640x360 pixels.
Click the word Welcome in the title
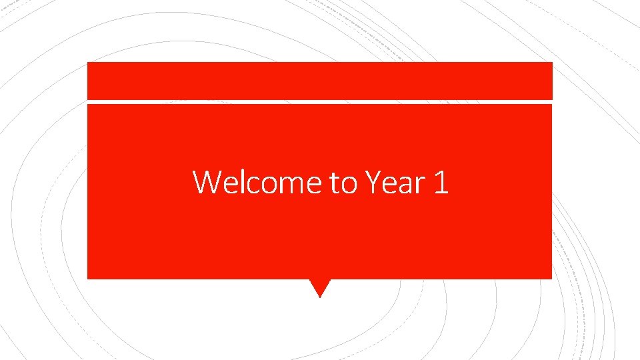coord(257,182)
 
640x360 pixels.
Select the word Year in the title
coord(395,182)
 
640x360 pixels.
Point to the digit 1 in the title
coord(441,182)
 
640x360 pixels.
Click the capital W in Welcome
coord(207,182)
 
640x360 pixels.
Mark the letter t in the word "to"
coord(335,183)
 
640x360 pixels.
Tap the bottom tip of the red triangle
coord(320,297)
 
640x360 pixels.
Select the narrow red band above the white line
coord(320,81)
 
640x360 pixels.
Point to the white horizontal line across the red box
coord(320,102)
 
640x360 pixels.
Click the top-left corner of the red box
coord(89,63)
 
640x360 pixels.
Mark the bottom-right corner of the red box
coord(551,277)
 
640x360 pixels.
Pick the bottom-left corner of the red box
coord(89,277)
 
